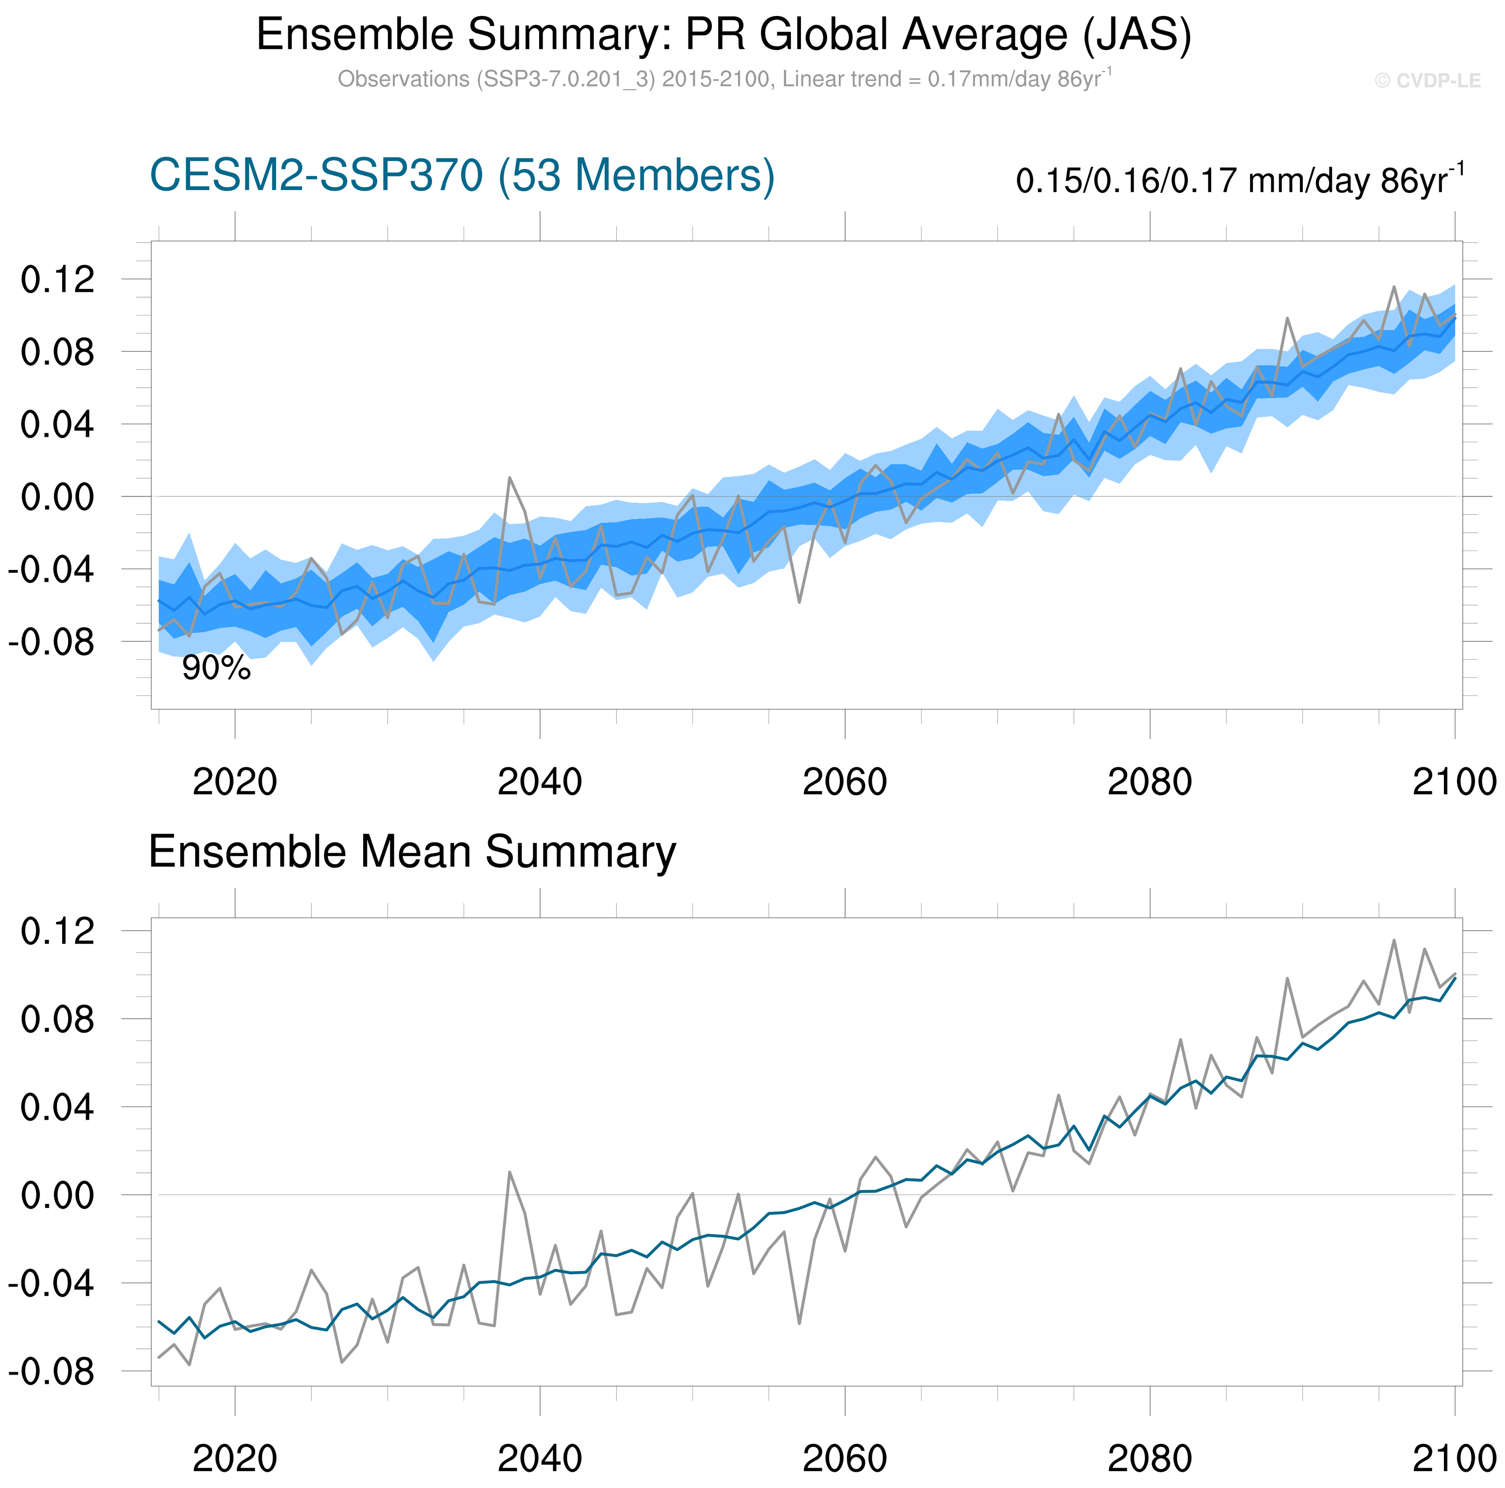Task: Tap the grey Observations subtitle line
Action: tap(724, 79)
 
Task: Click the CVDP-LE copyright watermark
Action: tap(1427, 81)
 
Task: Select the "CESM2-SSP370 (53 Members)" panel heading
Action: tap(462, 176)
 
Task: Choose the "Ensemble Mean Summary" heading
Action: tap(412, 852)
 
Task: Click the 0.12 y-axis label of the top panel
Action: tap(58, 280)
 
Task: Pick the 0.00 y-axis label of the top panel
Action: tap(58, 497)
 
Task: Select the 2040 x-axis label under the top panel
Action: tap(539, 782)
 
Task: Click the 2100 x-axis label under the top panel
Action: tap(1454, 782)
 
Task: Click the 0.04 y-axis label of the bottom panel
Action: tap(58, 1107)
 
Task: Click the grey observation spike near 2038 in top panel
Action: tap(510, 477)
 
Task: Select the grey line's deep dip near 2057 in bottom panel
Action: tap(799, 1323)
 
